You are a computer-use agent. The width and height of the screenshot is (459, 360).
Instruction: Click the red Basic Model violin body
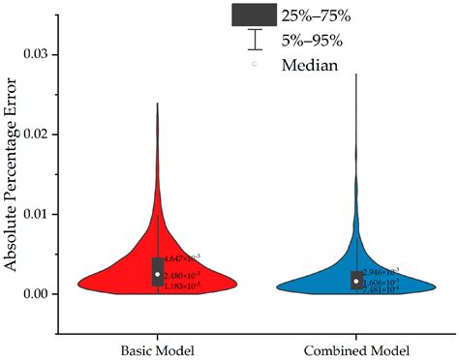click(x=126, y=278)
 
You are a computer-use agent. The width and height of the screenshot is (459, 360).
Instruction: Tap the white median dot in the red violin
click(x=158, y=275)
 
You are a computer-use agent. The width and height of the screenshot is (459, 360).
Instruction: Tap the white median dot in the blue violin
click(x=356, y=282)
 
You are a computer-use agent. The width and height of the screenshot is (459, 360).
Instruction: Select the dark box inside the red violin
click(x=158, y=264)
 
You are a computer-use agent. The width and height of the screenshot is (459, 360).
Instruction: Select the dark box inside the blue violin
click(x=356, y=276)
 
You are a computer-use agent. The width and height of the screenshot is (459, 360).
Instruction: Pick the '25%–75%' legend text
click(x=317, y=15)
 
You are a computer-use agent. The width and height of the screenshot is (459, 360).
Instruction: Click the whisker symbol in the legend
click(x=255, y=40)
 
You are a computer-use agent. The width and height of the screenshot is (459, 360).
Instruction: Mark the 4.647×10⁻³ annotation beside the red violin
click(x=182, y=258)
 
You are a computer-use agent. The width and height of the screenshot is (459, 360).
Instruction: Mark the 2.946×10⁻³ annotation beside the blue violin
click(x=381, y=272)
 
